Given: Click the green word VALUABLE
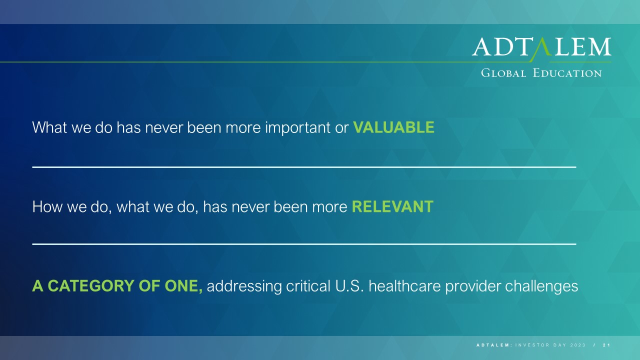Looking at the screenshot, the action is coord(393,127).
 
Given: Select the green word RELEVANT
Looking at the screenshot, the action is coord(392,206).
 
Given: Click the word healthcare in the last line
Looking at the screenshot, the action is coord(404,286).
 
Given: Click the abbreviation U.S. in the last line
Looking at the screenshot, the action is coord(349,286).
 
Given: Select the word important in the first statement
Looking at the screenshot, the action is coord(297,128).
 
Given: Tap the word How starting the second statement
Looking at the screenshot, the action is coord(47,206).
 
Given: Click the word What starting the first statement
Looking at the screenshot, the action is coord(49,127).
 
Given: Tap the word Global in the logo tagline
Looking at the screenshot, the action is coord(503,73).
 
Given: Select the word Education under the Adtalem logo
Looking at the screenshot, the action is coord(567,73).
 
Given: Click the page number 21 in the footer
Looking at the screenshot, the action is coord(606,345).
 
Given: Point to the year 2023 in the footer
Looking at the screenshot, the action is coord(577,345).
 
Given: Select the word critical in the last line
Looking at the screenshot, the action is coord(308,286).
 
